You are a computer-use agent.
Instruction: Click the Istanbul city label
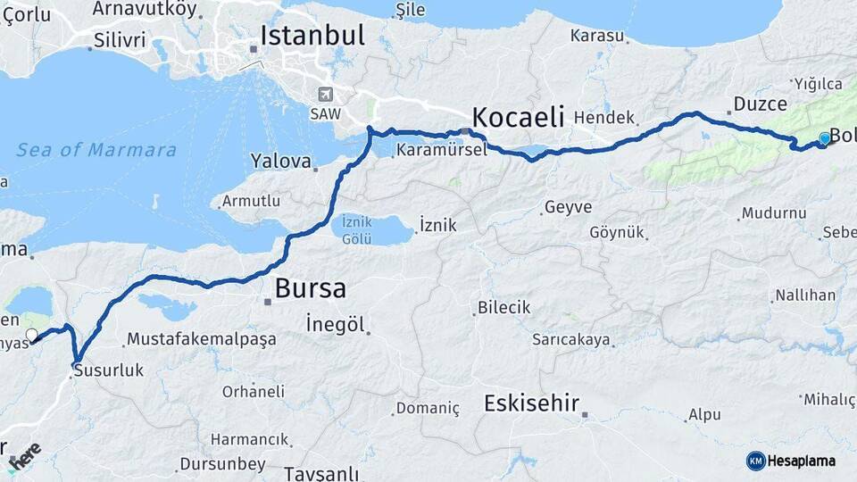312,36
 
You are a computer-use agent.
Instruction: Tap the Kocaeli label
519,117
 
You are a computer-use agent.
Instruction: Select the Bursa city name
310,288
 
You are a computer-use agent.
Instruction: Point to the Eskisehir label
532,403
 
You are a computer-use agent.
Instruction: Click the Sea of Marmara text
96,150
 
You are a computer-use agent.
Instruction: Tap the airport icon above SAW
325,95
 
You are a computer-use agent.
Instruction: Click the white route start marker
32,336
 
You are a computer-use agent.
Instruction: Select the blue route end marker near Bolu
825,138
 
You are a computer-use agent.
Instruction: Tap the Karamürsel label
441,149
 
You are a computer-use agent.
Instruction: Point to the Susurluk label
108,369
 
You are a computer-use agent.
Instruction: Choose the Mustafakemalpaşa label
201,339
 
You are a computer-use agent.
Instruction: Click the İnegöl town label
335,324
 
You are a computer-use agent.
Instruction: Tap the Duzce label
761,104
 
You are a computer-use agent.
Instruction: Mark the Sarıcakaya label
571,339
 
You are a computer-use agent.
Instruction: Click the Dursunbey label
222,464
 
